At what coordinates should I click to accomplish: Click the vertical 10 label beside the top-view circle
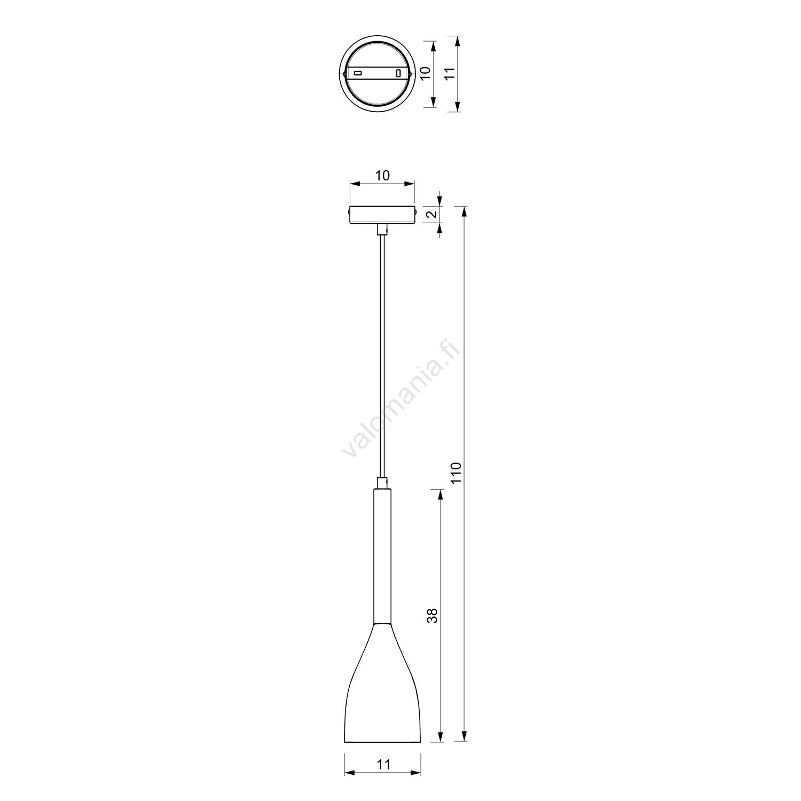click(426, 73)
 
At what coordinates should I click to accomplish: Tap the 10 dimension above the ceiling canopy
click(383, 175)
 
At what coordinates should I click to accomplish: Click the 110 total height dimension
click(456, 473)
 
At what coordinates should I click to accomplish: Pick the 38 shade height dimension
click(433, 616)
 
